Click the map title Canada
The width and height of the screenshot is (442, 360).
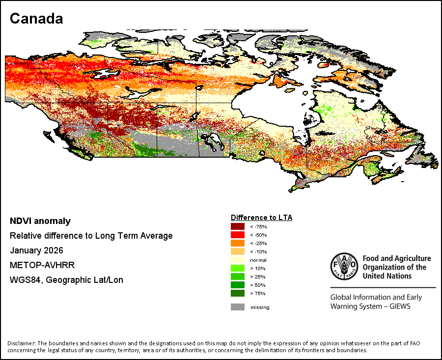tap(36, 19)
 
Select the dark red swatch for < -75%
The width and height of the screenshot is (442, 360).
tap(238, 226)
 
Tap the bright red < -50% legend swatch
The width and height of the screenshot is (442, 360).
tap(238, 235)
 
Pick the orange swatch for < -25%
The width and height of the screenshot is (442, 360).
tap(238, 243)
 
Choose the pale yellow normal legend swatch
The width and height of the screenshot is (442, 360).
tap(238, 260)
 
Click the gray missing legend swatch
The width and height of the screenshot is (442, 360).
tap(238, 307)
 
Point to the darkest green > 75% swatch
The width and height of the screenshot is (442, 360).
tap(238, 293)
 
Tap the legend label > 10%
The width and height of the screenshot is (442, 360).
tap(258, 268)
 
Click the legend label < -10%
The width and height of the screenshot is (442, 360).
tap(258, 252)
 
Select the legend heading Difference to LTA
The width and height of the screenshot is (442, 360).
tap(262, 218)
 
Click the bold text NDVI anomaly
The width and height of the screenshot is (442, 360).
tap(40, 221)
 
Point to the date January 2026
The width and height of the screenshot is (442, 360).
tap(37, 250)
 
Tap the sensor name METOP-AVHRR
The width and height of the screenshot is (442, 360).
tap(42, 265)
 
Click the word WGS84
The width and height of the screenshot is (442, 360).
tap(26, 280)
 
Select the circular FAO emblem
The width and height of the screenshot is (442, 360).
tap(344, 266)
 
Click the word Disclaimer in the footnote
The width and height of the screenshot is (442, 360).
tap(22, 343)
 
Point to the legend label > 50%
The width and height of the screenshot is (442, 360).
tap(258, 285)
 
